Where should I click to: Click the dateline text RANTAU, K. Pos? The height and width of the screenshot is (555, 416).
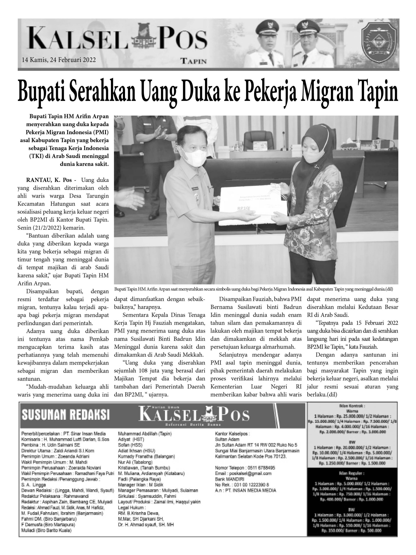click(49, 180)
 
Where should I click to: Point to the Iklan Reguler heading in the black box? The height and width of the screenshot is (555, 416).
click(352, 473)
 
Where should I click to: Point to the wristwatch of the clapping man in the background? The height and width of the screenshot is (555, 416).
click(166, 137)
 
